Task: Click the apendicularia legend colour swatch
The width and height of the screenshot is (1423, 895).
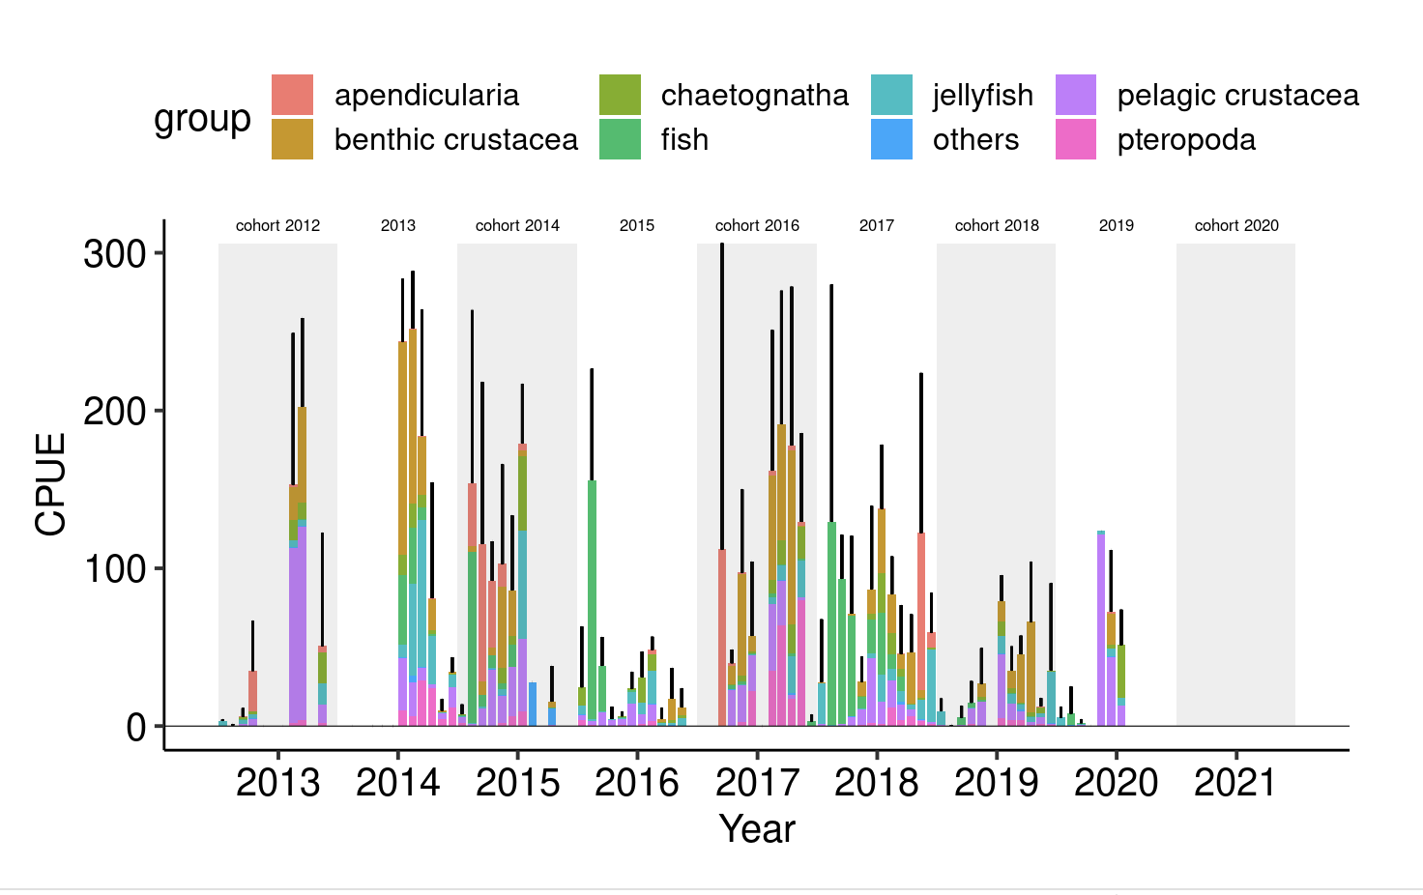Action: [x=292, y=95]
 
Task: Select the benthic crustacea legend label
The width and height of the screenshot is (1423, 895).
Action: [x=455, y=140]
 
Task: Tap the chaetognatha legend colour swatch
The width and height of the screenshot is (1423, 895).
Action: [x=620, y=95]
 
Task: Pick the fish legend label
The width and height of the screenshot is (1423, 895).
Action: [x=684, y=140]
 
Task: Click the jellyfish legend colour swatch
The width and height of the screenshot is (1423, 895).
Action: [x=891, y=95]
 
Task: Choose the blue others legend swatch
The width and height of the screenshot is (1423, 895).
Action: [x=891, y=139]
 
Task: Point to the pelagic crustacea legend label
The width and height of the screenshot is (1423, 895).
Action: [x=1237, y=96]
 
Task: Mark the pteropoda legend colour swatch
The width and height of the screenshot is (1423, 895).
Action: [x=1076, y=139]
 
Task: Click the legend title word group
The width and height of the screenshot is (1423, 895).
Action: [x=202, y=119]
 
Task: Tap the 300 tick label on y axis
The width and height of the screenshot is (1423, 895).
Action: [x=114, y=254]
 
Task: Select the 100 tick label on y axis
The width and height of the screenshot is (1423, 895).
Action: [x=114, y=568]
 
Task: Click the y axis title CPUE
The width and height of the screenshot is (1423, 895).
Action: [x=50, y=483]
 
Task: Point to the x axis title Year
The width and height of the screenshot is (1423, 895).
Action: [x=757, y=828]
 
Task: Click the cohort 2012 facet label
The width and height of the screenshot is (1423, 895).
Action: [x=277, y=225]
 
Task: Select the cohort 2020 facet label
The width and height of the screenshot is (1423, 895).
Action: [x=1236, y=225]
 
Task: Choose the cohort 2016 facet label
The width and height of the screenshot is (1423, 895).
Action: [x=757, y=225]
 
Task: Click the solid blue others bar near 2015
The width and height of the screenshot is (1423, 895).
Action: [x=533, y=704]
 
